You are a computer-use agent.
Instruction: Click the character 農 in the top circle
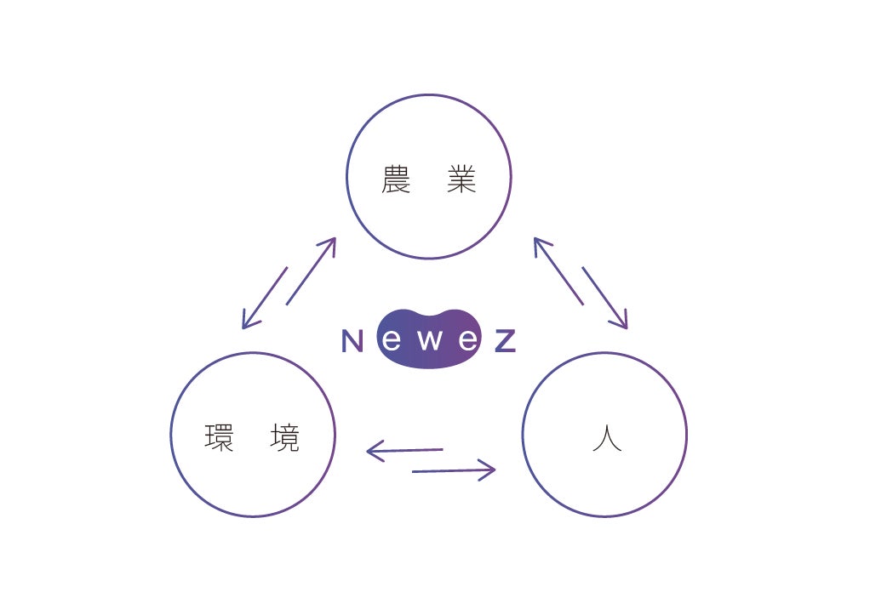pos(396,179)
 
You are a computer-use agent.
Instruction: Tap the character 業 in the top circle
pos(461,179)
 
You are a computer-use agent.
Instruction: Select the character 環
pos(219,438)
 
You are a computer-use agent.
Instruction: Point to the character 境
pos(284,438)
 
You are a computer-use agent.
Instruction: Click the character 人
pos(607,438)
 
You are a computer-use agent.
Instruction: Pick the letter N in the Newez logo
pos(352,340)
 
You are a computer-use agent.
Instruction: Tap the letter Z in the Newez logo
pos(506,340)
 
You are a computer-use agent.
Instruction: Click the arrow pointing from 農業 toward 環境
pos(265,299)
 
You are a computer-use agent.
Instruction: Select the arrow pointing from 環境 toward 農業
pos(312,271)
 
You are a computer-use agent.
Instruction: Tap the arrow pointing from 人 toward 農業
pos(558,271)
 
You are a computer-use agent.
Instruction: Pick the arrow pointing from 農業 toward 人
pos(604,299)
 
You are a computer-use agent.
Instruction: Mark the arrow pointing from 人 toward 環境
pos(404,450)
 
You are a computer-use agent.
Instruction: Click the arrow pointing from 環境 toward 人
pos(454,470)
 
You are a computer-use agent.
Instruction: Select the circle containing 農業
pos(429,94)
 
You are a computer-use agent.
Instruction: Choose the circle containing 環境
pos(253,353)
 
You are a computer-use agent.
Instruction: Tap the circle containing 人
pos(604,353)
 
